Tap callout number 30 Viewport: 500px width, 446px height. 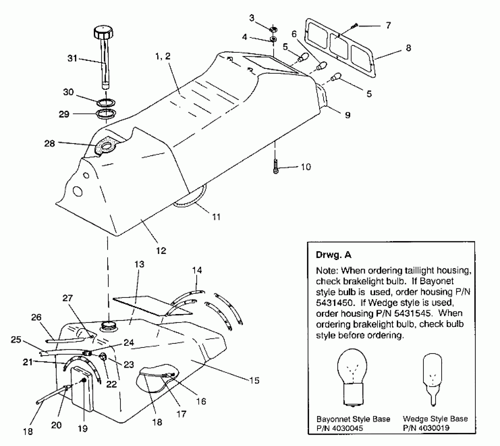68,92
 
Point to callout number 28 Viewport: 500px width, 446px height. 50,143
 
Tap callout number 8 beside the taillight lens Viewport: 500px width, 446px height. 408,48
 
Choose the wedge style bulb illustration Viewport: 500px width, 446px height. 433,376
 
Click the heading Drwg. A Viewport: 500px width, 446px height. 333,255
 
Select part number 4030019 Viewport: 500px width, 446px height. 434,428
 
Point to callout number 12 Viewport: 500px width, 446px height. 161,251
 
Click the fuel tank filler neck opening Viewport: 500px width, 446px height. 107,326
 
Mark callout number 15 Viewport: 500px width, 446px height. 254,380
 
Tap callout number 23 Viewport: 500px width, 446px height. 129,364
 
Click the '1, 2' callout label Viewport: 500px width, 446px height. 163,56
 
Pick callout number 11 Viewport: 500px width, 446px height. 216,217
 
